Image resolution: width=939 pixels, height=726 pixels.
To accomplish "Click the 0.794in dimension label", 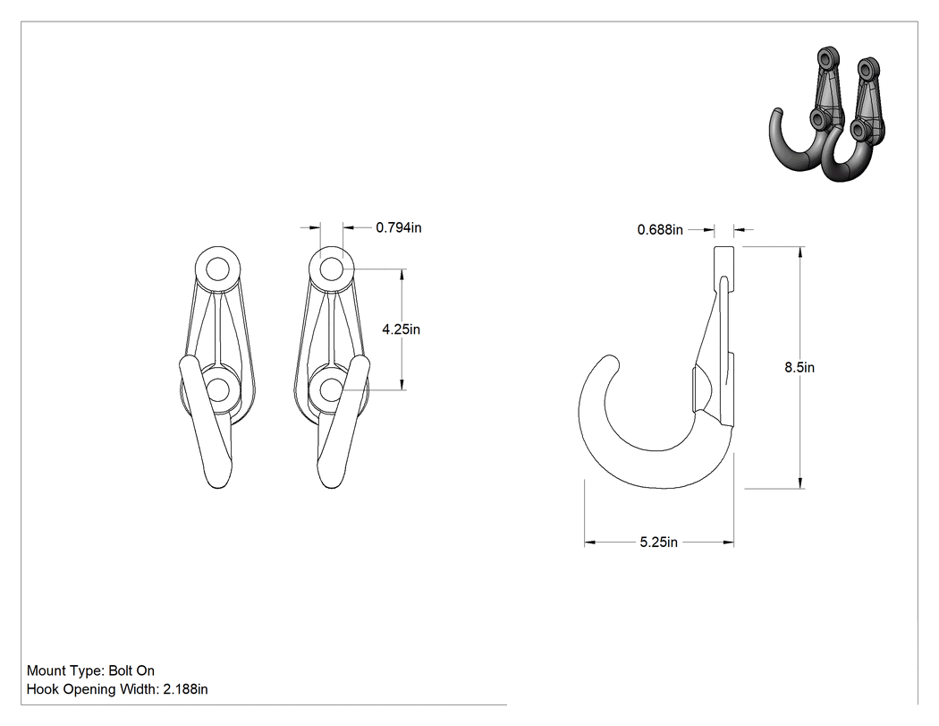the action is point(399,227).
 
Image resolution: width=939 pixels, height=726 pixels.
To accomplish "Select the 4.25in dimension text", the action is point(402,329).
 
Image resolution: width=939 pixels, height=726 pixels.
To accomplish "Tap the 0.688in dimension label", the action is point(660,229).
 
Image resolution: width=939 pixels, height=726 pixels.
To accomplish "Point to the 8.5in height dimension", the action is point(799,367).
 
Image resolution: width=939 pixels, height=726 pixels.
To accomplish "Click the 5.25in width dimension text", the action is point(659,542).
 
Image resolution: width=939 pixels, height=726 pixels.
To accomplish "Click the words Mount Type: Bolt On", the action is point(90,670).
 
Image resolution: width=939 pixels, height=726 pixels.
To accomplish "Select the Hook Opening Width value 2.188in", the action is point(186,689).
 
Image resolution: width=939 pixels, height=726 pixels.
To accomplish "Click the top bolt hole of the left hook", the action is point(217,269).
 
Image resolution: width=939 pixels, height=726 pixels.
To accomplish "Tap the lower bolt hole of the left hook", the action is point(217,390).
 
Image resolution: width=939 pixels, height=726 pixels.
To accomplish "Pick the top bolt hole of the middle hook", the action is point(331,269).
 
